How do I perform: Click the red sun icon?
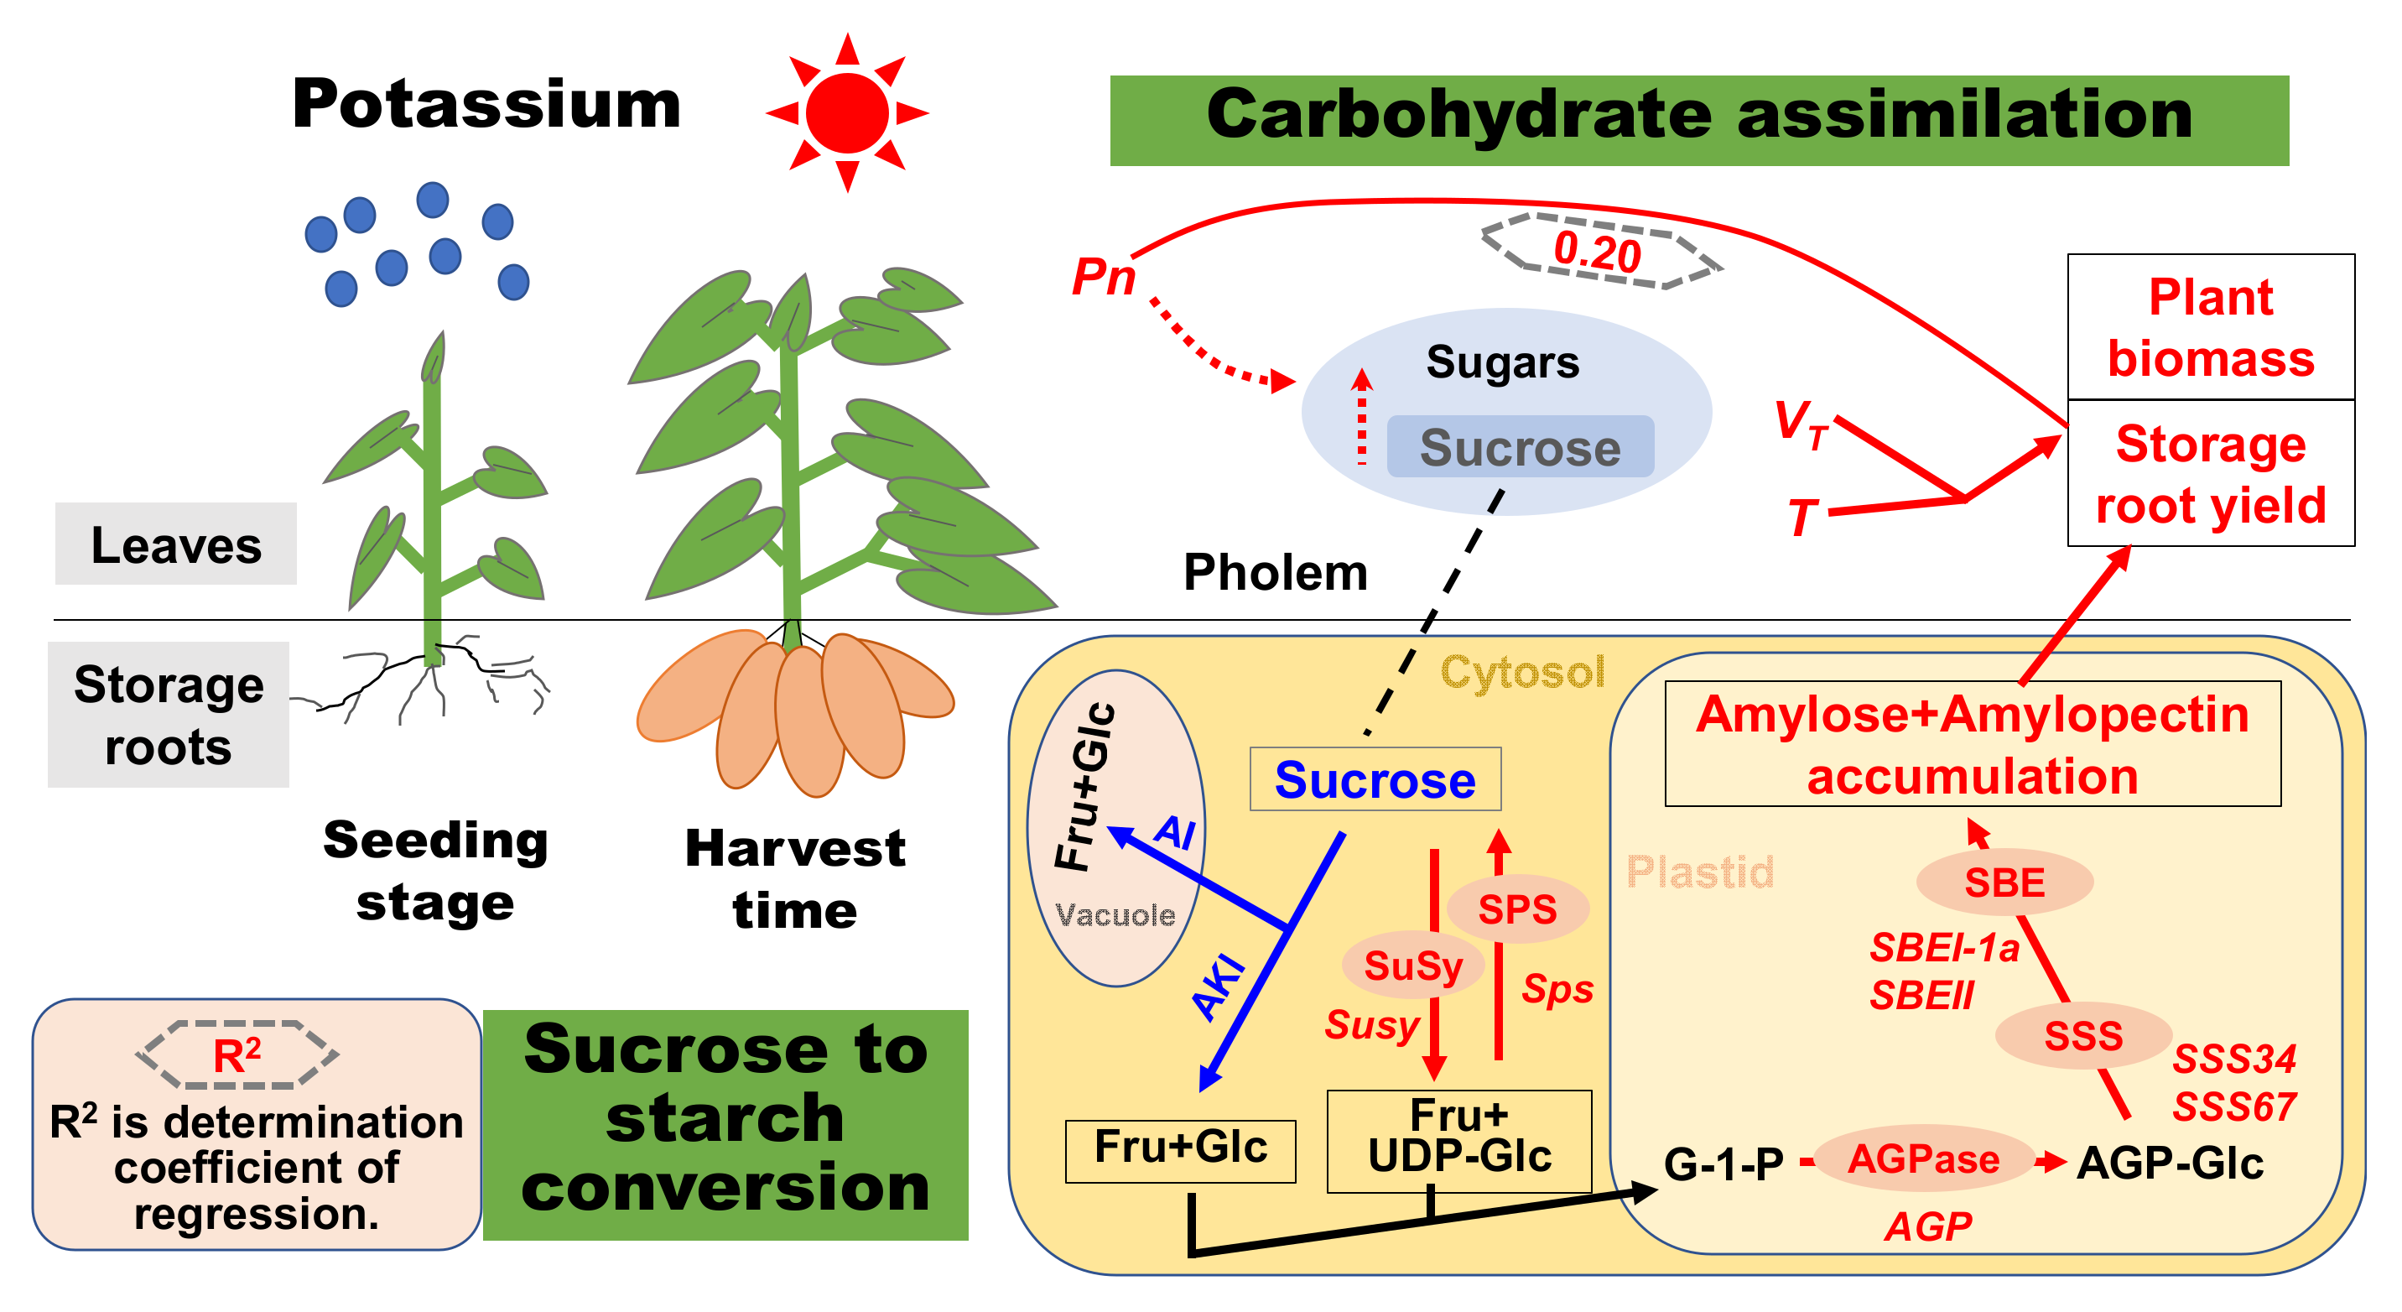pyautogui.click(x=847, y=113)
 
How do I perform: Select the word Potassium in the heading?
pyautogui.click(x=486, y=104)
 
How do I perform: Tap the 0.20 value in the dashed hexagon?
pyautogui.click(x=1598, y=253)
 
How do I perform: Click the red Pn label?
pyautogui.click(x=1103, y=277)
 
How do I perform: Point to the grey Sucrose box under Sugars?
pyautogui.click(x=1520, y=448)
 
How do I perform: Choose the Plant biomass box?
pyautogui.click(x=2210, y=327)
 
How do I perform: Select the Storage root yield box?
pyautogui.click(x=2210, y=474)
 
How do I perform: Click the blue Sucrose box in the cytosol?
pyautogui.click(x=1375, y=779)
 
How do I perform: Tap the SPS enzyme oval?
pyautogui.click(x=1517, y=909)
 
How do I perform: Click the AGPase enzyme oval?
pyautogui.click(x=1924, y=1159)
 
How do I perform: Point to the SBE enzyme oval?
pyautogui.click(x=2004, y=882)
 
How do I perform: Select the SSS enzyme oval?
pyautogui.click(x=2083, y=1036)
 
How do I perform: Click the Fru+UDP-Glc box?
pyautogui.click(x=1459, y=1139)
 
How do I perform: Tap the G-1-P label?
pyautogui.click(x=1724, y=1164)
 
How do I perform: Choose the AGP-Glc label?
pyautogui.click(x=2170, y=1163)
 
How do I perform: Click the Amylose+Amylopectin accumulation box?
pyautogui.click(x=1972, y=744)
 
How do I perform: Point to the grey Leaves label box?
pyautogui.click(x=176, y=544)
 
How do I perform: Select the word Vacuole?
pyautogui.click(x=1115, y=914)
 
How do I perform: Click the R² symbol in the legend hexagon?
pyautogui.click(x=237, y=1055)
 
